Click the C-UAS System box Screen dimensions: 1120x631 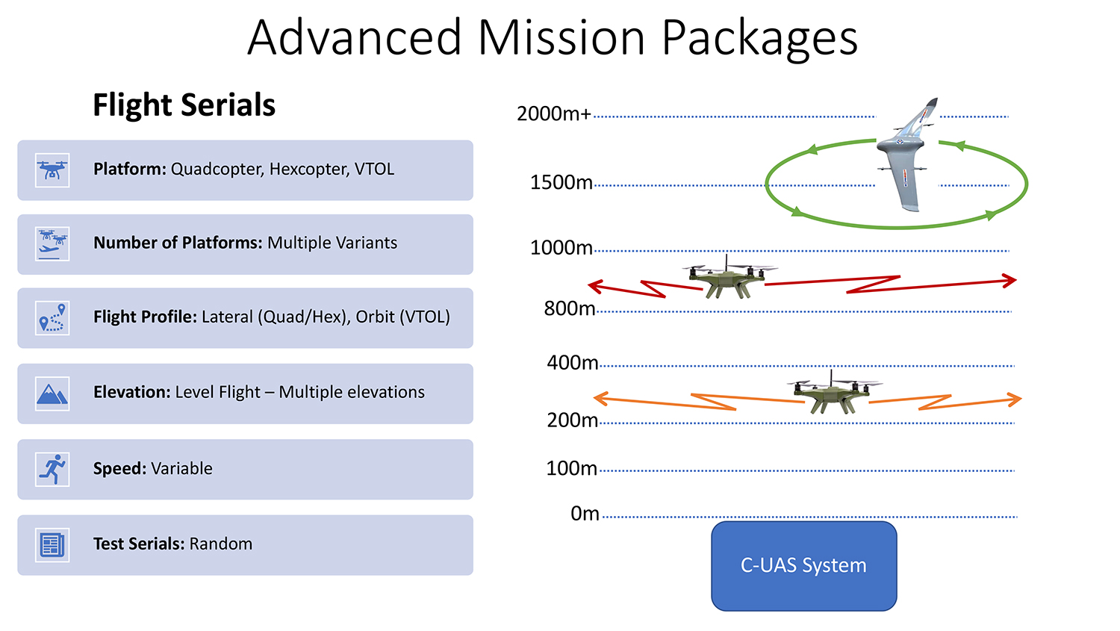pyautogui.click(x=804, y=566)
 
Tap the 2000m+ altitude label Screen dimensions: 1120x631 pyautogui.click(x=554, y=114)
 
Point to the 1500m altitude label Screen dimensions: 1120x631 pyautogui.click(x=561, y=182)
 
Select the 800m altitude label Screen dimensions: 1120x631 pyautogui.click(x=570, y=308)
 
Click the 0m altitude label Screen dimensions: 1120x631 pyautogui.click(x=585, y=514)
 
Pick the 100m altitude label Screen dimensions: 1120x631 pyautogui.click(x=571, y=468)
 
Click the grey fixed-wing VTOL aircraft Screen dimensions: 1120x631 pyautogui.click(x=906, y=154)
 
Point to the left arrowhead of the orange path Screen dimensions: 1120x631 pyautogui.click(x=600, y=398)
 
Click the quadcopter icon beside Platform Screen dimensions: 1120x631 pyautogui.click(x=52, y=170)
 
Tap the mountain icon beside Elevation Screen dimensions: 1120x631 pyautogui.click(x=52, y=394)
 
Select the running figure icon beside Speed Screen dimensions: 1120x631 pyautogui.click(x=52, y=470)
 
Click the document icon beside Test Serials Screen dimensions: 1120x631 pyautogui.click(x=52, y=545)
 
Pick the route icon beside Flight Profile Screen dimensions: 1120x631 pyautogui.click(x=52, y=318)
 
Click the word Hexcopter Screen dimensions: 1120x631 pyautogui.click(x=308, y=170)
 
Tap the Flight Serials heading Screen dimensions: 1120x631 pyautogui.click(x=184, y=105)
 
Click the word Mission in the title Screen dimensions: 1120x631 pyautogui.click(x=561, y=37)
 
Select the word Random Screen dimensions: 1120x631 pyautogui.click(x=220, y=544)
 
